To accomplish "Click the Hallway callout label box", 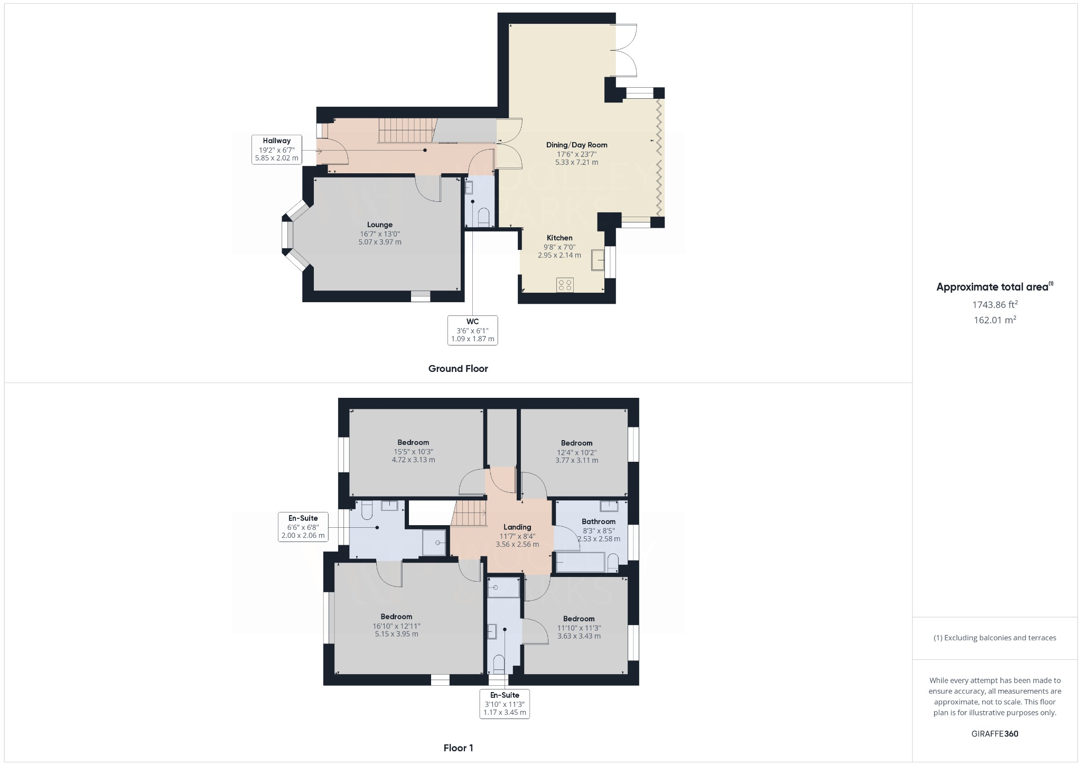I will click(x=277, y=149).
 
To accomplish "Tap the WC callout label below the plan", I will click(x=472, y=330).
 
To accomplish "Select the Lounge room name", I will click(x=379, y=225).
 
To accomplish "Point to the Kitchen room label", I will click(x=559, y=238).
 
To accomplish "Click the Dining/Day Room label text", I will click(x=576, y=145).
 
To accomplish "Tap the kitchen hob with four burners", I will click(x=565, y=285).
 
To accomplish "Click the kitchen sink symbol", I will click(x=598, y=259).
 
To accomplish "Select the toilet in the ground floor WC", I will click(x=483, y=217).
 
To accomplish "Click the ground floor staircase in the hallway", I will click(x=406, y=130).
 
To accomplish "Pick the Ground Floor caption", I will click(x=458, y=369).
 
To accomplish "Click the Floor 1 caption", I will click(x=458, y=748).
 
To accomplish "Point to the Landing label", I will click(x=517, y=527).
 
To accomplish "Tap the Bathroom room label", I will click(x=599, y=521).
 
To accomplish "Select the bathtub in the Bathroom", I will click(x=580, y=562).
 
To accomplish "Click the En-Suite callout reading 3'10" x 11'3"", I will click(x=505, y=704).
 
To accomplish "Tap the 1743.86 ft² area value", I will click(x=995, y=304).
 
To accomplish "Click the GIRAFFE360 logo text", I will click(x=995, y=734).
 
